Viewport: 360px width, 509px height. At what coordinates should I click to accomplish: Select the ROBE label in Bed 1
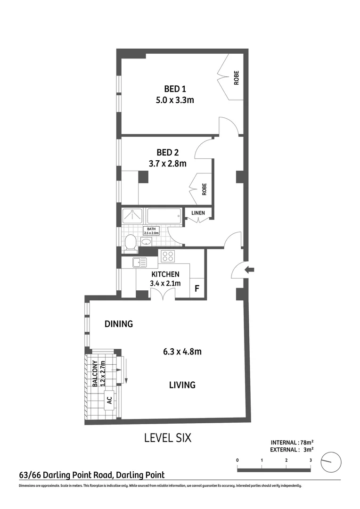236,77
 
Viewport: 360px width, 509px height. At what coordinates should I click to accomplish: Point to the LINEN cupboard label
198,213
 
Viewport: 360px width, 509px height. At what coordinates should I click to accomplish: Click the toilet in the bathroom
131,242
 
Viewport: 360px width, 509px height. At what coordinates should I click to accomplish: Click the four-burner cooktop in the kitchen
168,257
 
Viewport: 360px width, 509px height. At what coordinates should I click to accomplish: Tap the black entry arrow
250,270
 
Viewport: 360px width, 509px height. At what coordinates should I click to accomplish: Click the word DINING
118,324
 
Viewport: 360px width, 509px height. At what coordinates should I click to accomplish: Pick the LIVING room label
182,385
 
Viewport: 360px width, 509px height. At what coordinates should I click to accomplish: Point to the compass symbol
330,462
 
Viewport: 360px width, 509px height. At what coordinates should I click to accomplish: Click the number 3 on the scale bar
311,460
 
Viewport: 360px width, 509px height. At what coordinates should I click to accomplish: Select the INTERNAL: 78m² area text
292,442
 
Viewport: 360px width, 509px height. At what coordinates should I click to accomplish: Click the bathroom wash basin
146,242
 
